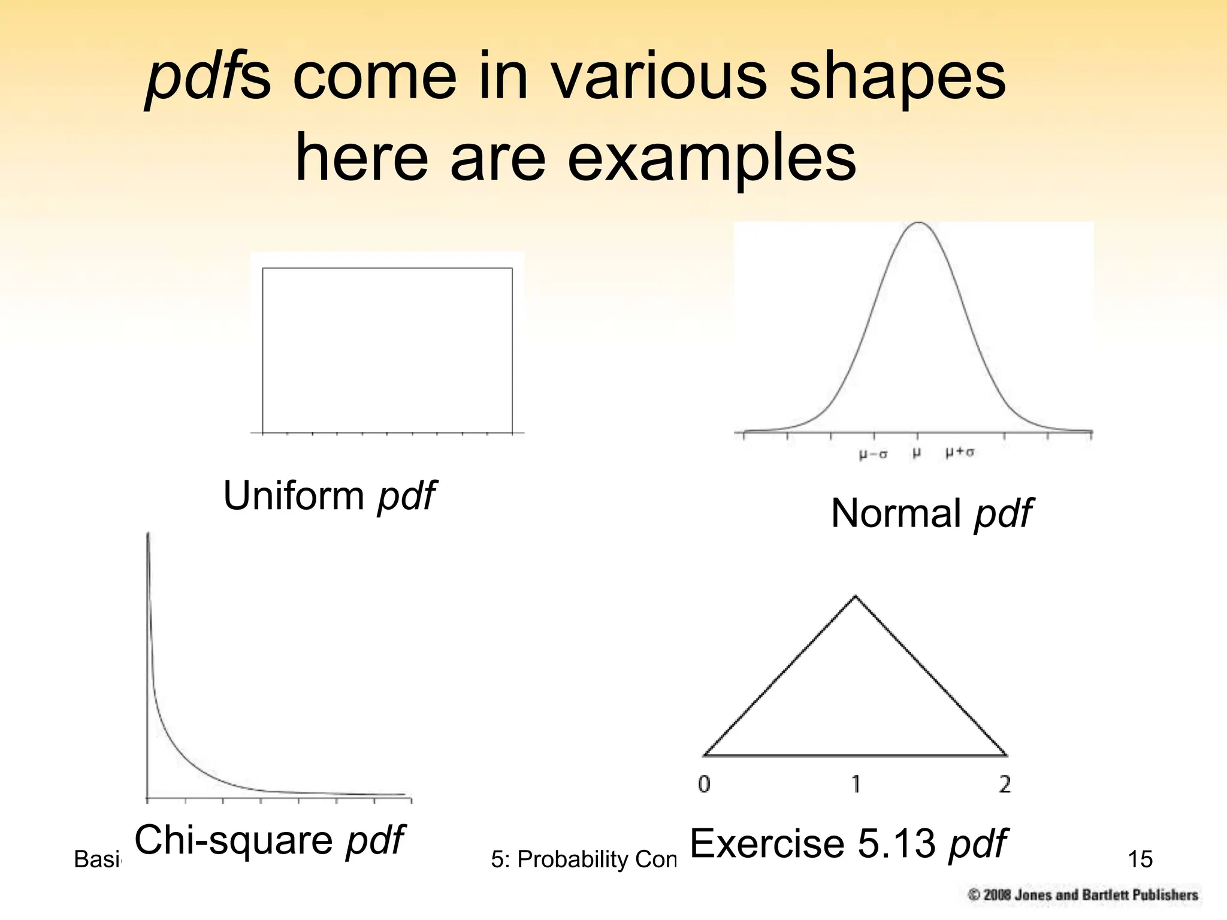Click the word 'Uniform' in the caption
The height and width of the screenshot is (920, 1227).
pyautogui.click(x=294, y=496)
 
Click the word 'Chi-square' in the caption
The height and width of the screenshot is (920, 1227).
pyautogui.click(x=234, y=840)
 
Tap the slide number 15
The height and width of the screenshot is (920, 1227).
pyautogui.click(x=1140, y=860)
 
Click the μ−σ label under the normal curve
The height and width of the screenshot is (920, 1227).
pyautogui.click(x=873, y=454)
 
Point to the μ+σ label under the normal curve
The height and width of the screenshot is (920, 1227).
pyautogui.click(x=960, y=452)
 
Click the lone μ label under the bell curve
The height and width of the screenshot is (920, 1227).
pyautogui.click(x=917, y=453)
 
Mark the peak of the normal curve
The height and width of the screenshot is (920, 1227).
pyautogui.click(x=918, y=223)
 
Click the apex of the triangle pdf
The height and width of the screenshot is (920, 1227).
pyautogui.click(x=855, y=596)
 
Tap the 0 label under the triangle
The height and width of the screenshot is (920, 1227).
pyautogui.click(x=705, y=784)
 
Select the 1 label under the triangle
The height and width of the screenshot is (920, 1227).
pyautogui.click(x=856, y=784)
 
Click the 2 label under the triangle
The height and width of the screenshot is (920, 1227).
pyautogui.click(x=1005, y=784)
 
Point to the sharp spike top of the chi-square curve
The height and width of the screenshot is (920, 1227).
pyautogui.click(x=148, y=534)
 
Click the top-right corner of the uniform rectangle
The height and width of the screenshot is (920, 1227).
pyautogui.click(x=512, y=268)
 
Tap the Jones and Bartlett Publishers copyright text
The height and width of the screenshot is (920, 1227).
pyautogui.click(x=1083, y=895)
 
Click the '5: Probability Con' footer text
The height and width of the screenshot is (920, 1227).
pyautogui.click(x=582, y=860)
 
